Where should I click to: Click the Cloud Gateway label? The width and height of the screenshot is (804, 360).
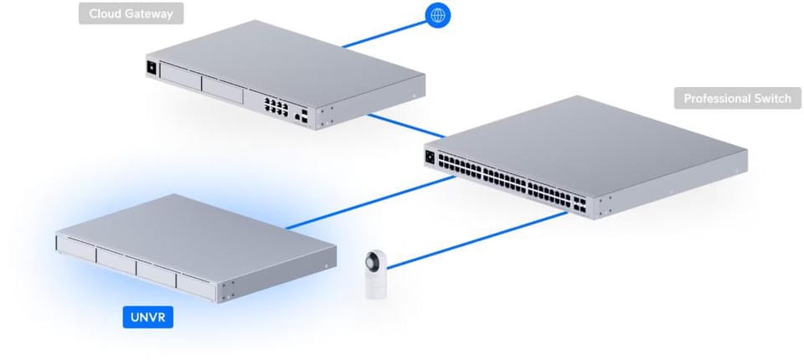click(131, 14)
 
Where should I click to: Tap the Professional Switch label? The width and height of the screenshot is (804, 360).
click(737, 99)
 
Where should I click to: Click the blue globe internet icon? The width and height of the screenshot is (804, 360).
click(436, 14)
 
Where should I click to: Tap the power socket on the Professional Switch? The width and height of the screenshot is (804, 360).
click(431, 157)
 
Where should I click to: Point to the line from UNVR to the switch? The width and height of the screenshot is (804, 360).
click(368, 201)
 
